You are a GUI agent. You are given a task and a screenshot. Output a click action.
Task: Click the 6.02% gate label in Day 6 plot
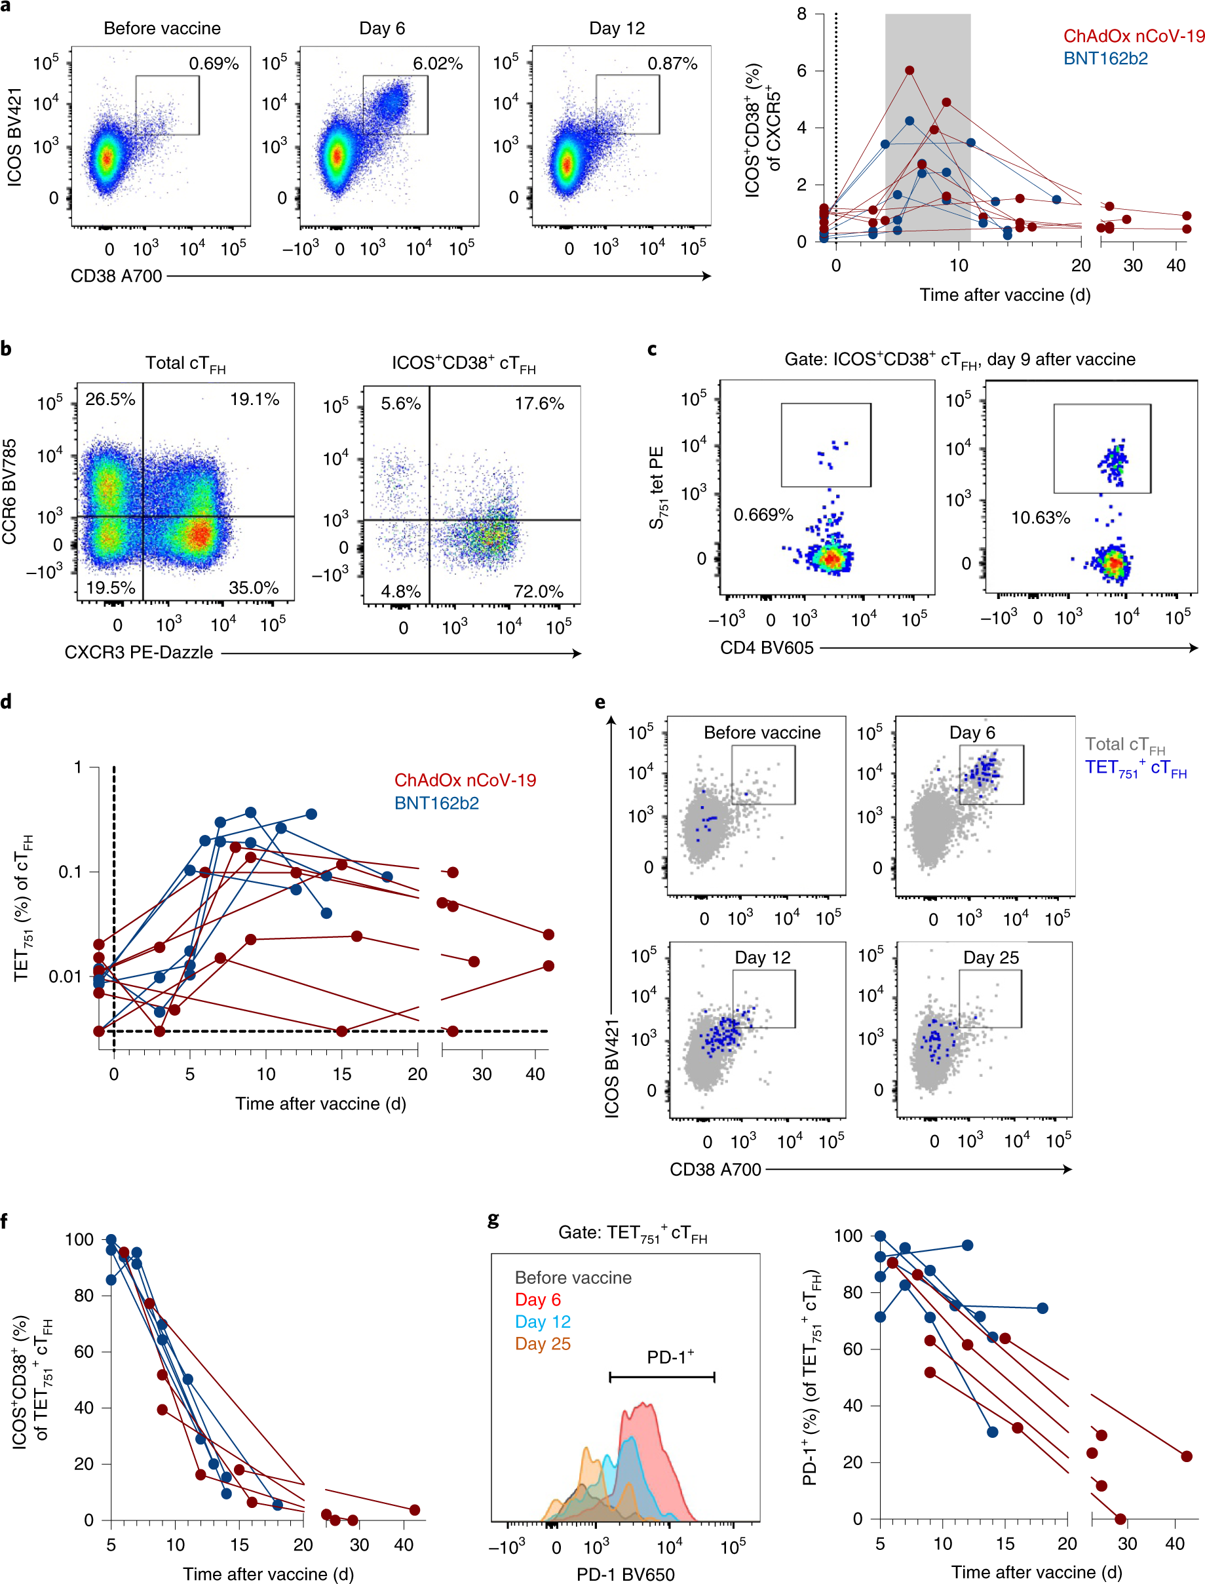(438, 64)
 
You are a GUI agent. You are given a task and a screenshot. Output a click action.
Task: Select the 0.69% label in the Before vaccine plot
(214, 64)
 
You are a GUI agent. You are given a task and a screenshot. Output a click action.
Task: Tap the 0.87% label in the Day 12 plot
(672, 64)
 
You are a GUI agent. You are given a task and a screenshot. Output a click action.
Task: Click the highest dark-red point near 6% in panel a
(909, 70)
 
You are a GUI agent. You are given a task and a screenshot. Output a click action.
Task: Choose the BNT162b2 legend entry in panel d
(436, 803)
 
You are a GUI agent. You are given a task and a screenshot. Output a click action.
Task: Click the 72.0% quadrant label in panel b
(538, 591)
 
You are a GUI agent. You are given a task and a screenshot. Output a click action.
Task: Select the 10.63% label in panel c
(1040, 517)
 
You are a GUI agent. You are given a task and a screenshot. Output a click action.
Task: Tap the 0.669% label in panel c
(763, 514)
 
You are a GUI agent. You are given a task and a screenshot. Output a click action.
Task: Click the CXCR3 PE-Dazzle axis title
(138, 652)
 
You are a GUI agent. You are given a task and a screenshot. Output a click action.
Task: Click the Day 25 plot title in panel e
(991, 957)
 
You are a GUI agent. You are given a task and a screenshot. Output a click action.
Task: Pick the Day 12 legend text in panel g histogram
(543, 1321)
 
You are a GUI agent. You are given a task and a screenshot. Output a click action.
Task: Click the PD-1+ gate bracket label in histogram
(670, 1357)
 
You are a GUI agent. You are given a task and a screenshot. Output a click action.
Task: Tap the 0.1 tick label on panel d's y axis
(70, 872)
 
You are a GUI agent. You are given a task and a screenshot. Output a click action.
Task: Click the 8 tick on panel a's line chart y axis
(801, 14)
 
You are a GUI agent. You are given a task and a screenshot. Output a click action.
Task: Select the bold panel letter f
(6, 1221)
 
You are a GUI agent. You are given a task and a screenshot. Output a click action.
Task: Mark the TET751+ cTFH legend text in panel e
(1135, 768)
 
